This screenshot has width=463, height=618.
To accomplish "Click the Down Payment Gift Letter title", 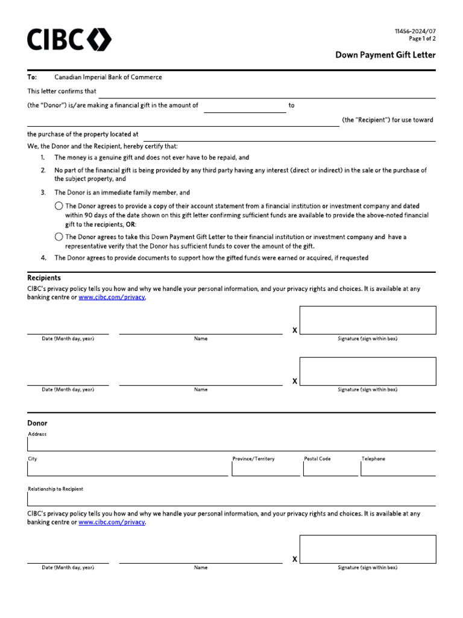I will [385, 55].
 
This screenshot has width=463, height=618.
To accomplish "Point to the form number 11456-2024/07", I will [415, 31].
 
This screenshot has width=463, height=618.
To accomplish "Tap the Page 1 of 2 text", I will [422, 39].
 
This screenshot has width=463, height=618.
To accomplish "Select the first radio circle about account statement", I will [58, 206].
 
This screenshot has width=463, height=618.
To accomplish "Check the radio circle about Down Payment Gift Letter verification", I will [58, 237].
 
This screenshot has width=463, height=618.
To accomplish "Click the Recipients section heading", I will [44, 278].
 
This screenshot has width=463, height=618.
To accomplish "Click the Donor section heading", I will [37, 423].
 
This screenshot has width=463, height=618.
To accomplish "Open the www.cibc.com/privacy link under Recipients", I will [112, 298].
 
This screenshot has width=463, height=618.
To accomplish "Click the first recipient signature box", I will [368, 320].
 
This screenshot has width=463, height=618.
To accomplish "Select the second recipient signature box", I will [368, 371].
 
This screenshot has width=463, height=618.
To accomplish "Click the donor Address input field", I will [231, 445].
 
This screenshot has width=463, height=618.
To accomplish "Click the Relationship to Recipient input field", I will [231, 499].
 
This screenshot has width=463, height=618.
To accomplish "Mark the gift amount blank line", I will [245, 107].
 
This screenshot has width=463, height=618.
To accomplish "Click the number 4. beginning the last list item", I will [43, 258].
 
